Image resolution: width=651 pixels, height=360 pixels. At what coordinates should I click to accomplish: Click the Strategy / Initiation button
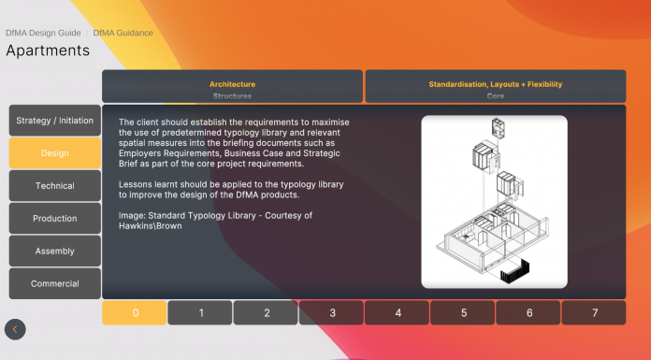55,121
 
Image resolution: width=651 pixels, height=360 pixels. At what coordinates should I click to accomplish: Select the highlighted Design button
55,153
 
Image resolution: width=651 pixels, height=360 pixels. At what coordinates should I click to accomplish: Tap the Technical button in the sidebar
55,185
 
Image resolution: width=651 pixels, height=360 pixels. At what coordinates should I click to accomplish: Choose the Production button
55,219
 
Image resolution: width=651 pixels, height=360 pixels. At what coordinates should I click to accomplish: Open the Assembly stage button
55,251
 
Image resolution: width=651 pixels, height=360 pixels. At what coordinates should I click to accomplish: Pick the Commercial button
55,283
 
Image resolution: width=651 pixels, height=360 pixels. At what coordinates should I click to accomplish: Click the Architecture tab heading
233,84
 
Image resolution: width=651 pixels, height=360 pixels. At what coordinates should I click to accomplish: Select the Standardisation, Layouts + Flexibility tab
496,84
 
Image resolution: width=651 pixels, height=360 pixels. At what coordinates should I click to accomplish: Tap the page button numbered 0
135,312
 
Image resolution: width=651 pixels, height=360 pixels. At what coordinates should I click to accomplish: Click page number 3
331,312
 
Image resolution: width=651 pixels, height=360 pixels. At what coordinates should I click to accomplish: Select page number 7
594,312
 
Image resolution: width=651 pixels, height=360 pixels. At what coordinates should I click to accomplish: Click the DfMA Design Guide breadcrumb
43,33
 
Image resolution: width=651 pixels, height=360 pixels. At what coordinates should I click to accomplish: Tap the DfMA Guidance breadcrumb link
123,33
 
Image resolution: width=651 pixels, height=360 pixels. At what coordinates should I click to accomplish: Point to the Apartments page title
48,50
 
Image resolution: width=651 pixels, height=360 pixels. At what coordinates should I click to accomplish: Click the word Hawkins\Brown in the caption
151,226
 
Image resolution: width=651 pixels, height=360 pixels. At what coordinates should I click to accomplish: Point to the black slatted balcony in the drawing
514,271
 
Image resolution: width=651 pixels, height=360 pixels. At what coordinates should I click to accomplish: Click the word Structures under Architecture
233,96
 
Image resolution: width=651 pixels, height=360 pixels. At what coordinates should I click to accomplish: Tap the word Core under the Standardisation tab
496,96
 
